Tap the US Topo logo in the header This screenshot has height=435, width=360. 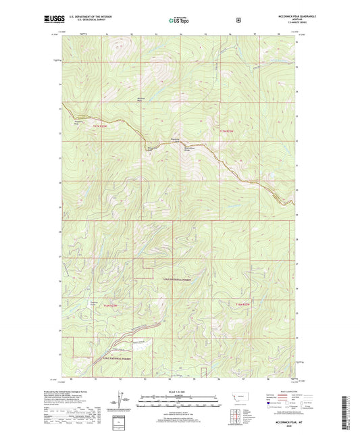[179, 21]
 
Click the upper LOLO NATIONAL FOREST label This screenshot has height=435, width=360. [177, 278]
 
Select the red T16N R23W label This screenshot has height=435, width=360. [110, 306]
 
